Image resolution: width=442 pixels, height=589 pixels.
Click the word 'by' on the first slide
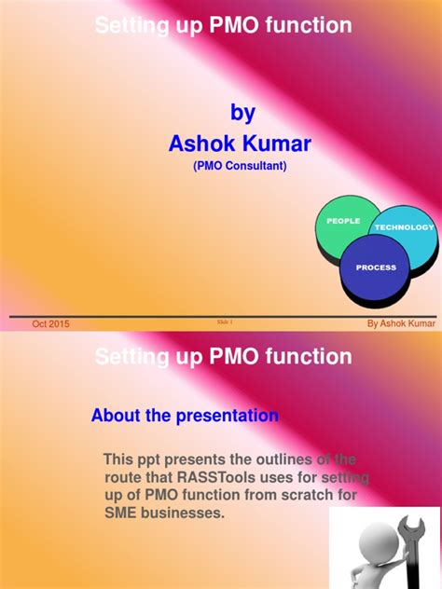[242, 113]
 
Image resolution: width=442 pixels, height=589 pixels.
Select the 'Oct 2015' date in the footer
[50, 323]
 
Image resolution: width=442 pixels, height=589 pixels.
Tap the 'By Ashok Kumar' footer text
[400, 323]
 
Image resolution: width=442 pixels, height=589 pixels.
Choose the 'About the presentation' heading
[185, 416]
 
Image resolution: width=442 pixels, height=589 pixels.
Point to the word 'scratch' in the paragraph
[303, 496]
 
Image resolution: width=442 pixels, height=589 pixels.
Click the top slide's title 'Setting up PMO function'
[224, 26]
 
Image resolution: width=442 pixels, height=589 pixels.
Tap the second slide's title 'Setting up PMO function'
[224, 357]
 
